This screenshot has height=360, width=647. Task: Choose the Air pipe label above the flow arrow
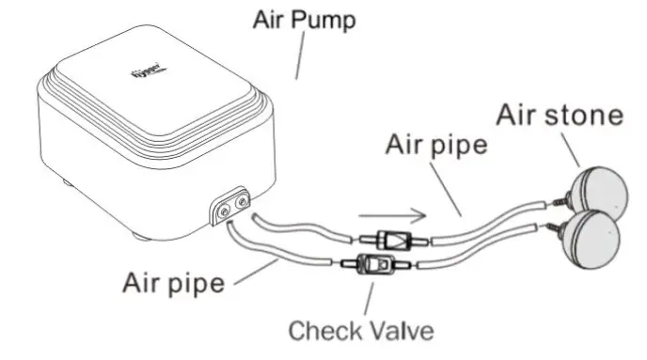click(x=436, y=147)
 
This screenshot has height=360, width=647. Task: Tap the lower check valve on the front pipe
click(x=376, y=266)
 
